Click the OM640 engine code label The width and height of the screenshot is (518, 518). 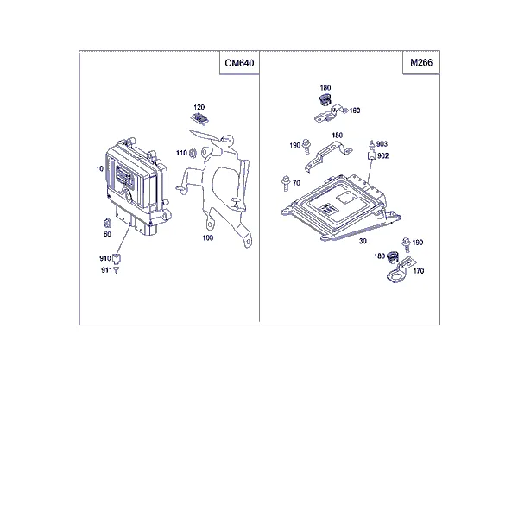click(x=239, y=63)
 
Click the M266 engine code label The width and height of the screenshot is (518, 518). click(x=421, y=62)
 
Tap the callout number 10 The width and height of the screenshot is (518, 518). click(x=100, y=169)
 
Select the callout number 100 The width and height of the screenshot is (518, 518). click(x=208, y=237)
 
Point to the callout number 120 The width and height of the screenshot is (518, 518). click(x=199, y=107)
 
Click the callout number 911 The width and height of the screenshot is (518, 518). click(x=106, y=270)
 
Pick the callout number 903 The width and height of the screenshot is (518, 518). click(x=382, y=143)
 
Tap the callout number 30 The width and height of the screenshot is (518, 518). click(x=363, y=241)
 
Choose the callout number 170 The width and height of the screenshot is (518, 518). click(x=419, y=271)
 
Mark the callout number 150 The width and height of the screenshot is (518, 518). click(x=337, y=136)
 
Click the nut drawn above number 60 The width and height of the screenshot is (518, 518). click(x=107, y=224)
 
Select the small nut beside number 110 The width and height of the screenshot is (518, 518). click(x=193, y=153)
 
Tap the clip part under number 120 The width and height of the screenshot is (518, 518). click(x=199, y=118)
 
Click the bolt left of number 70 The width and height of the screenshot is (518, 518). click(x=286, y=183)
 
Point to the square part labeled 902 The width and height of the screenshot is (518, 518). click(x=372, y=155)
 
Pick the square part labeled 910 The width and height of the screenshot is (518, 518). click(x=117, y=259)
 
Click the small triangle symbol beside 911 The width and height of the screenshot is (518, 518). click(x=117, y=270)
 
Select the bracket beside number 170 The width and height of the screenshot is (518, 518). click(x=399, y=270)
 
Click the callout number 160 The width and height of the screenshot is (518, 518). click(x=355, y=111)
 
